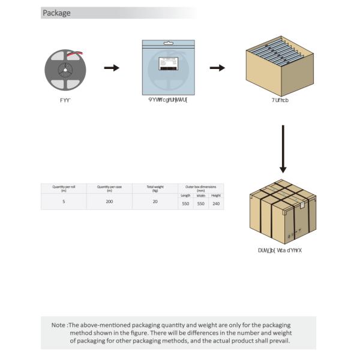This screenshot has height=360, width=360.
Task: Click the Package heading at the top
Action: (56, 13)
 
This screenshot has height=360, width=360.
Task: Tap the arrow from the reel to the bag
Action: (112, 68)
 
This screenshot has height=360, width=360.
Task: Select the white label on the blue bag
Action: (168, 64)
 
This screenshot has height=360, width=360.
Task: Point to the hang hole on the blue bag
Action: (168, 43)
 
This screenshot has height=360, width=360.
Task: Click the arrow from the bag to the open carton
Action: (217, 68)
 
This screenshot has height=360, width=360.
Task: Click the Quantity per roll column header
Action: (64, 188)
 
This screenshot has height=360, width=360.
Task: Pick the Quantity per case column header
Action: (109, 188)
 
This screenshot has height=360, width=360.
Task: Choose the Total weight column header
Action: (155, 188)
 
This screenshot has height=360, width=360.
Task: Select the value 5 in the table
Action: (64, 202)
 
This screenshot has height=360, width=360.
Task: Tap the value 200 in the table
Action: (109, 202)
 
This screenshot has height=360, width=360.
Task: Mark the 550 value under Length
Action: (185, 204)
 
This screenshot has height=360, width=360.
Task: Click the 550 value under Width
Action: (201, 204)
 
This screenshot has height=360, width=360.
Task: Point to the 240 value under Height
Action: (216, 204)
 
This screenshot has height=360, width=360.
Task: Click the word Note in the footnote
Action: (58, 325)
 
